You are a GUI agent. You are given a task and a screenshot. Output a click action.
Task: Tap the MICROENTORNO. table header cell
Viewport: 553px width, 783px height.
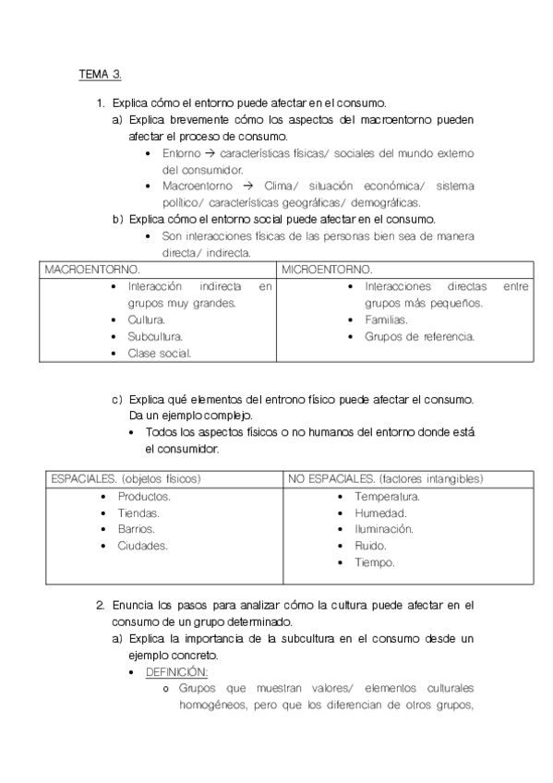tap(327, 270)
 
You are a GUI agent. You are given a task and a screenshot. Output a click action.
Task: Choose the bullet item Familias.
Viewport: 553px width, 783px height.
tap(386, 319)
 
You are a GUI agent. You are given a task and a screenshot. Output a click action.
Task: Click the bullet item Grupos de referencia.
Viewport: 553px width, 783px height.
tap(419, 336)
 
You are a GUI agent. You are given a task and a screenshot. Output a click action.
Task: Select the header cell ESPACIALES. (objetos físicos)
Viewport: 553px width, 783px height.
tap(126, 479)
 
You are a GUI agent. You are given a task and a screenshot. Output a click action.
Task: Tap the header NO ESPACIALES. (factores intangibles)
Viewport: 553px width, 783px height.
tap(385, 479)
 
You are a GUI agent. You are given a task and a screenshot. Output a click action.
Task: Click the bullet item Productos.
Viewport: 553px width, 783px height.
tap(143, 496)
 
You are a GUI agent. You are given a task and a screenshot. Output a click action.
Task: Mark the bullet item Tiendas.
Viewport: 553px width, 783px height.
tap(138, 512)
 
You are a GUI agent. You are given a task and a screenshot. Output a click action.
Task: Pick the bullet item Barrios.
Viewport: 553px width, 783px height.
tap(136, 529)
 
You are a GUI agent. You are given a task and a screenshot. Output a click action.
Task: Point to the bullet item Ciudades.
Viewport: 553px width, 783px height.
tap(142, 546)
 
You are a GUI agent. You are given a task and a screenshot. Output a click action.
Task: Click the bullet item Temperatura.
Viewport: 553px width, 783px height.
tap(387, 496)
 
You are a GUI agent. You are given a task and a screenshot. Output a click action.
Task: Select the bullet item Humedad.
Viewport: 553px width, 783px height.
tap(380, 512)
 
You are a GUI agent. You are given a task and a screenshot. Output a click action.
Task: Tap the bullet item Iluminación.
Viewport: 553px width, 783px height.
tap(383, 529)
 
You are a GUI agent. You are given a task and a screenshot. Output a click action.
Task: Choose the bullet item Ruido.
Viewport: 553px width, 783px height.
tap(370, 546)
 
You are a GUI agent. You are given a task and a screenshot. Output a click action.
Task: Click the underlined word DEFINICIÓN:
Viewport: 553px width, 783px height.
tap(176, 671)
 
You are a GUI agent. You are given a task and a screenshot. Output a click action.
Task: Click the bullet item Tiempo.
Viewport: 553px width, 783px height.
tap(375, 562)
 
